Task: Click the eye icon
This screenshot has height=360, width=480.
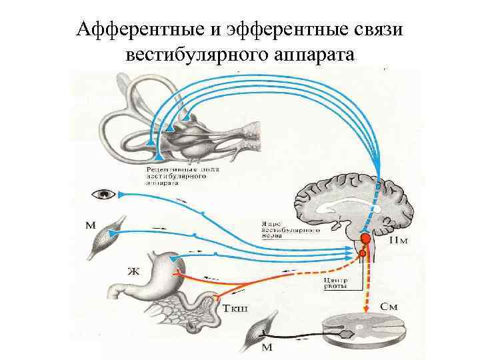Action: pos(105,194)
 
